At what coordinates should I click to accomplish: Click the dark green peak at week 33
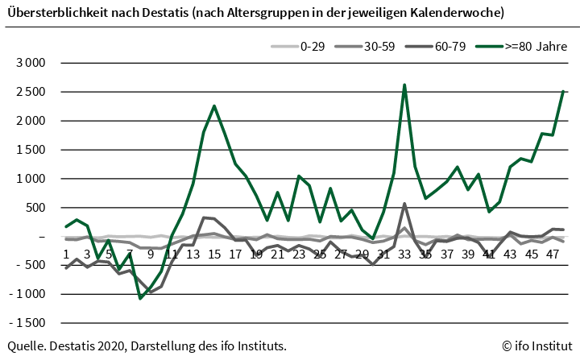404,85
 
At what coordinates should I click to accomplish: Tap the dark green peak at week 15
214,106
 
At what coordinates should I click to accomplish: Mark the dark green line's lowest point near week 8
140,298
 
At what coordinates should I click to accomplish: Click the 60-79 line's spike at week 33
404,204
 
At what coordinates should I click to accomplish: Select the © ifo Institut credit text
536,346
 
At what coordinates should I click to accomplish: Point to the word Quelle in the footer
25,346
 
